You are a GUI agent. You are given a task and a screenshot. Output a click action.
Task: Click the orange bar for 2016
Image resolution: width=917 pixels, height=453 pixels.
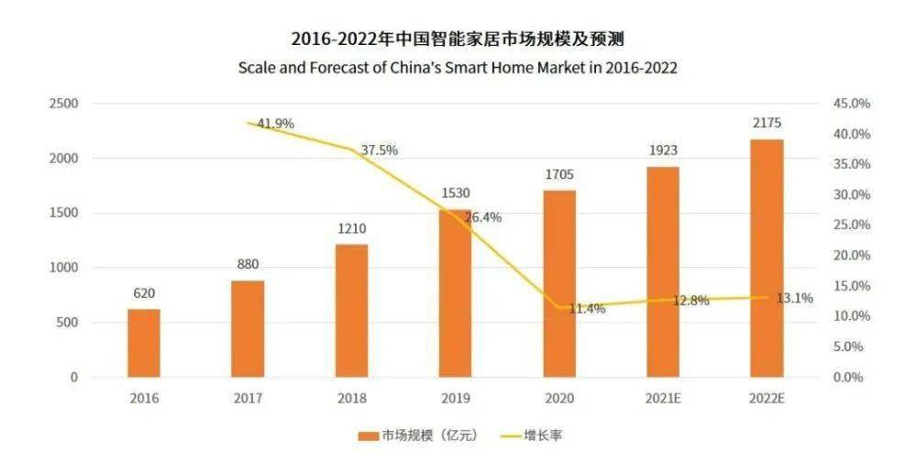pyautogui.click(x=143, y=343)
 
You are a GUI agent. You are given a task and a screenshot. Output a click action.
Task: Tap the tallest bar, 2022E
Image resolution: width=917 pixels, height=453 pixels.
pyautogui.click(x=767, y=258)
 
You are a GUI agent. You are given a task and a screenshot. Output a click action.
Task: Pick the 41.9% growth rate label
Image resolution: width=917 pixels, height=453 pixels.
pyautogui.click(x=275, y=124)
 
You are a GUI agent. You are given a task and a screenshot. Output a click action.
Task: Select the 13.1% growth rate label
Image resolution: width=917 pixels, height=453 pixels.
pyautogui.click(x=795, y=297)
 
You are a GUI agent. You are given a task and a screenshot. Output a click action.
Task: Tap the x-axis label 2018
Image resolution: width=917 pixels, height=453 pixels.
pyautogui.click(x=351, y=399)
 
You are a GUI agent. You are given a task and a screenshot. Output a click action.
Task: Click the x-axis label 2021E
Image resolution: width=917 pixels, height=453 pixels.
pyautogui.click(x=663, y=399)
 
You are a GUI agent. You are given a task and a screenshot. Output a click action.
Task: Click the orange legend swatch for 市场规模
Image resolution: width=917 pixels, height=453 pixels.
pyautogui.click(x=369, y=434)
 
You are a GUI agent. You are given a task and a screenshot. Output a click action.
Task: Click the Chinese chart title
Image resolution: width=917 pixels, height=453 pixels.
pyautogui.click(x=458, y=39)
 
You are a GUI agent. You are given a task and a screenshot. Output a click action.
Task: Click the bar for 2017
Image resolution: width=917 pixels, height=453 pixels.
pyautogui.click(x=248, y=328)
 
